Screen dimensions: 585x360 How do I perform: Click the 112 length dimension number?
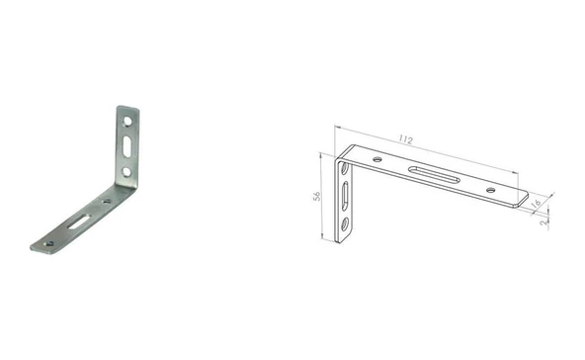coord(405,140)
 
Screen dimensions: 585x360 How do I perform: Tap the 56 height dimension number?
coord(317,196)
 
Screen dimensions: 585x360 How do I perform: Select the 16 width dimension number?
coord(536,204)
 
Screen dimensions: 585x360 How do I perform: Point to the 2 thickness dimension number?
coord(543,222)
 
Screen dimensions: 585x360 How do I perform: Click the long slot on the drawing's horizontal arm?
coord(434,175)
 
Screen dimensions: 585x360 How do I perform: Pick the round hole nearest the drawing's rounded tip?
coord(490,190)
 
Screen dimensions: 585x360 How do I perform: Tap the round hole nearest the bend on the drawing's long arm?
coord(377,159)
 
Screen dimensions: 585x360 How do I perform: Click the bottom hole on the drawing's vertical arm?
coord(344,225)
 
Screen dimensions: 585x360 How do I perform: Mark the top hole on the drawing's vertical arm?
coord(345,169)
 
